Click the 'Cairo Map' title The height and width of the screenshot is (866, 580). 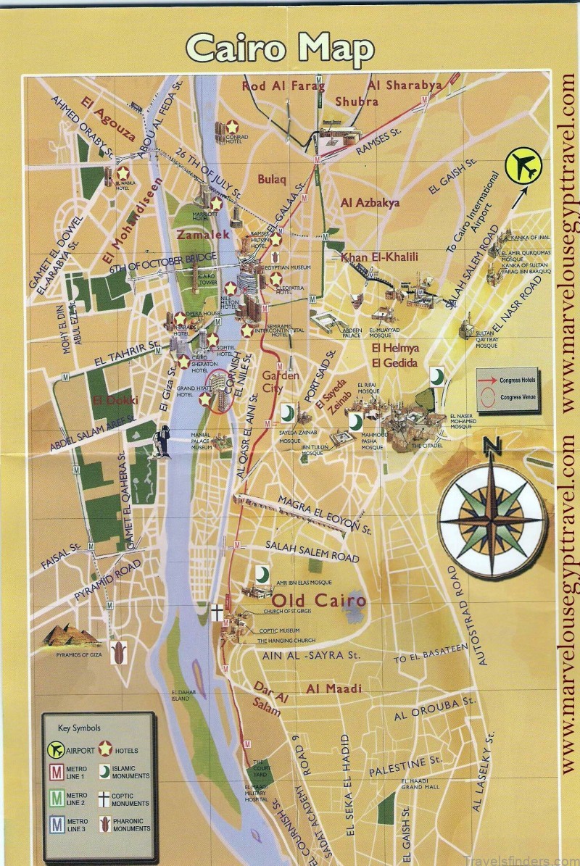pos(280,49)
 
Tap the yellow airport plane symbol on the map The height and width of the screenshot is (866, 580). pos(525,166)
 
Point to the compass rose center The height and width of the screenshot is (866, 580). pos(492,520)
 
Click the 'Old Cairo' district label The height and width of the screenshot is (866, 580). pos(318,601)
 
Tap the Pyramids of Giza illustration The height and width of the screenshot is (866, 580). pos(70,636)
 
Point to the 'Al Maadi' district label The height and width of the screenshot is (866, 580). pos(333,688)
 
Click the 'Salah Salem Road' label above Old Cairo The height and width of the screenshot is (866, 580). pos(312,551)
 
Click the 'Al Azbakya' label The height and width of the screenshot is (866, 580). pos(370,203)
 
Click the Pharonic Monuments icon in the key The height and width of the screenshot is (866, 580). pos(106,823)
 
